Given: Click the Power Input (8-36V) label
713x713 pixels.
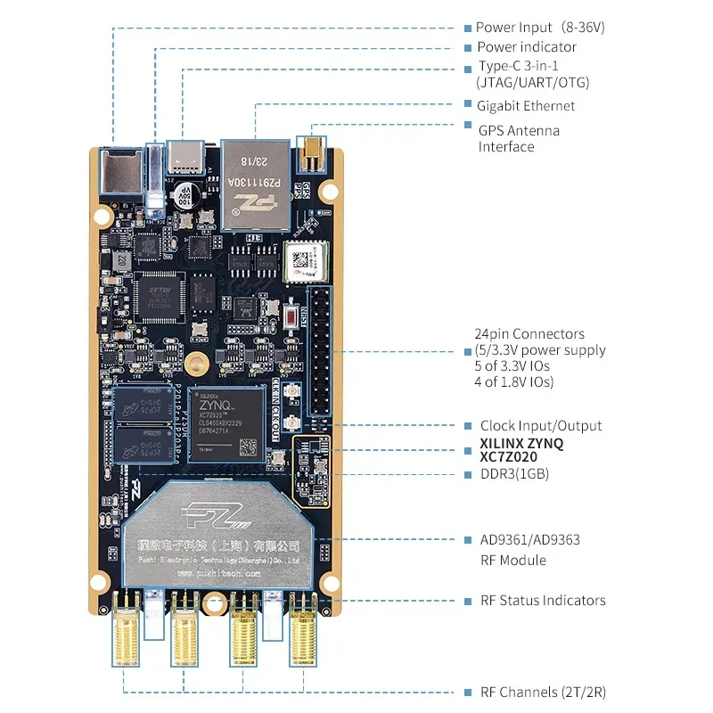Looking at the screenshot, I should click(x=540, y=28).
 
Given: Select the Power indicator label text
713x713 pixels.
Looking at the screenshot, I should click(x=527, y=47).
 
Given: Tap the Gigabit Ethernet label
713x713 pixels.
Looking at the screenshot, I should click(x=527, y=106).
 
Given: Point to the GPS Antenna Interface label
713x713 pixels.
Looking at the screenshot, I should click(x=520, y=138).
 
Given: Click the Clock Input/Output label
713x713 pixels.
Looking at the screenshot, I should click(x=541, y=426).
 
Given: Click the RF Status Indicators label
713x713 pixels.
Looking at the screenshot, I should click(x=543, y=601).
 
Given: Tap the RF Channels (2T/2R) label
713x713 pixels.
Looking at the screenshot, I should click(x=543, y=693).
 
